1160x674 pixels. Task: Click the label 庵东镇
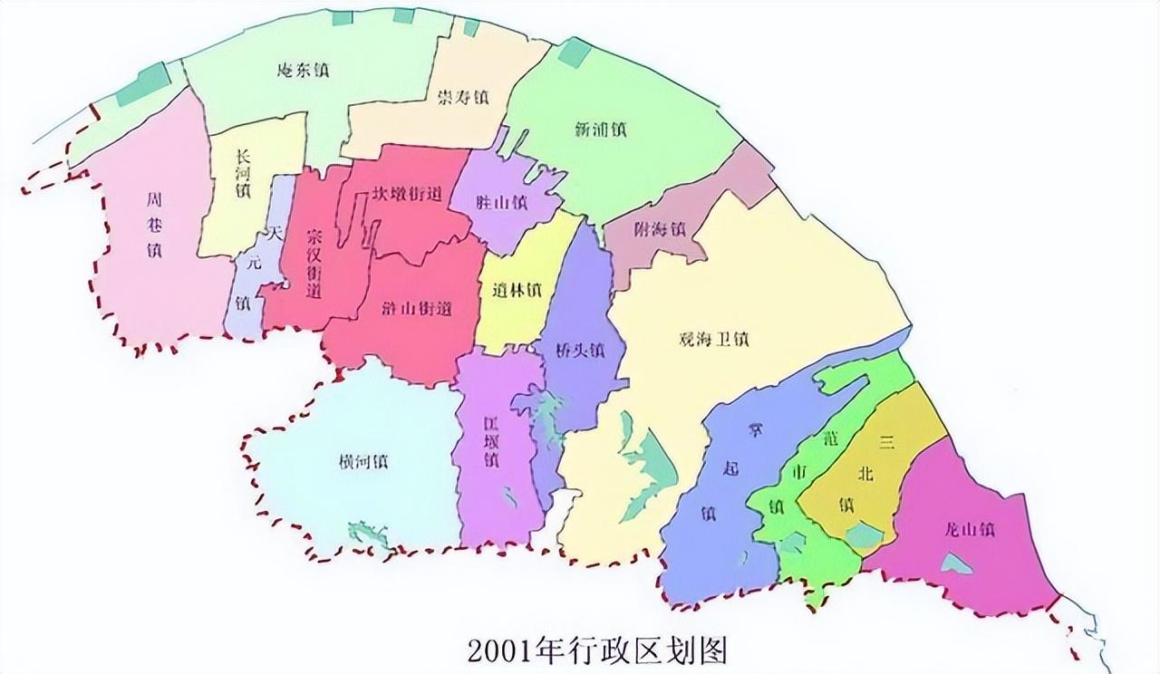(x=303, y=70)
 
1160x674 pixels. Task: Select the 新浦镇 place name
(x=600, y=130)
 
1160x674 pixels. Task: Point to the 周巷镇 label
(x=154, y=224)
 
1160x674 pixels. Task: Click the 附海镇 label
(x=659, y=229)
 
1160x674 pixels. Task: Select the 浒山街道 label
(x=417, y=309)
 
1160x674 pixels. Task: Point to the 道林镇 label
(x=517, y=291)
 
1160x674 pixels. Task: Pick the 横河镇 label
(x=363, y=461)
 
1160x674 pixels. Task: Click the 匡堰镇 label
(x=490, y=441)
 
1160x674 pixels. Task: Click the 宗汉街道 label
(x=314, y=262)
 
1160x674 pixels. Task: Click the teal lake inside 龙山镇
(x=955, y=563)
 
